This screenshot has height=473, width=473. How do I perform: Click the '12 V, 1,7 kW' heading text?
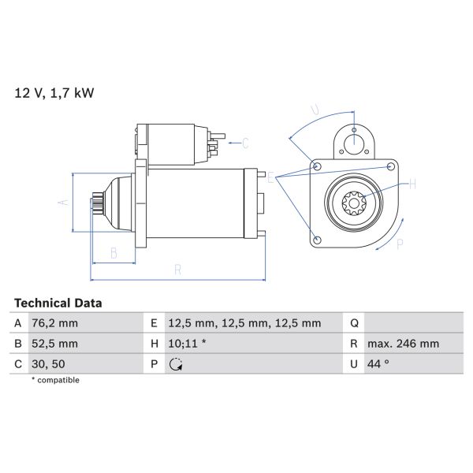pos(54,93)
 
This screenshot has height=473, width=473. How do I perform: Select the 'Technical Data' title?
pos(58,303)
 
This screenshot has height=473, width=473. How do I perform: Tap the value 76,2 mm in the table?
pos(55,323)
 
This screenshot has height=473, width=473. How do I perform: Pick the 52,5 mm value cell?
pos(55,344)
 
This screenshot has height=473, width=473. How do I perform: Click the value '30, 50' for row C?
pos(50,364)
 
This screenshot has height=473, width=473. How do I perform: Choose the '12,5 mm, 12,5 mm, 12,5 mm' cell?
pos(245,323)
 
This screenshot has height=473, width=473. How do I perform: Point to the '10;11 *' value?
pos(188,344)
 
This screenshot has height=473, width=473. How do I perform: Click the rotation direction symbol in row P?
pos(175,364)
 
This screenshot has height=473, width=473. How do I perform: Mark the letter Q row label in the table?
pos(354,323)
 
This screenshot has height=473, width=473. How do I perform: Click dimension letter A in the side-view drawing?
pos(64,203)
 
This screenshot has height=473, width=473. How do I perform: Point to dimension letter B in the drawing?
pos(114,254)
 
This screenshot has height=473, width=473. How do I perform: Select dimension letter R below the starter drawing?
pos(178,270)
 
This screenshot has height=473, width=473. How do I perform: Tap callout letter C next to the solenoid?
pos(245,143)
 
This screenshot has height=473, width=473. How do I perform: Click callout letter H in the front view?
pos(412,185)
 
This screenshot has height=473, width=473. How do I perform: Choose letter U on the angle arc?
pos(314,110)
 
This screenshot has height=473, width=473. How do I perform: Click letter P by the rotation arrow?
pos(400,244)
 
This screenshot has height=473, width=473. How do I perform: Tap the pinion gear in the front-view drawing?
pos(352,203)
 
